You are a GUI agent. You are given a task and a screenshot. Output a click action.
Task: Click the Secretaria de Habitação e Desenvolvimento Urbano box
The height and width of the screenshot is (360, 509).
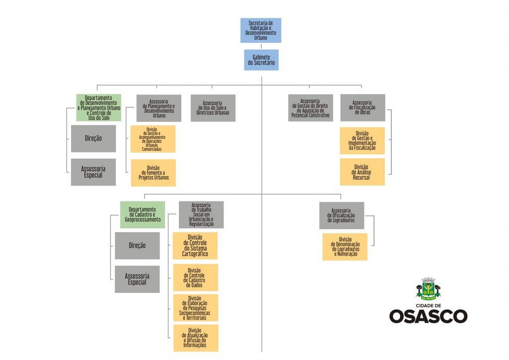[x=261, y=30]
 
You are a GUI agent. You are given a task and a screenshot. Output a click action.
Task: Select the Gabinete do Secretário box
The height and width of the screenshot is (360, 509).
[x=261, y=60]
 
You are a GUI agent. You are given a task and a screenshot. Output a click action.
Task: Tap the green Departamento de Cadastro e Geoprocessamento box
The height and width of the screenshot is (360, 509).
[x=142, y=214]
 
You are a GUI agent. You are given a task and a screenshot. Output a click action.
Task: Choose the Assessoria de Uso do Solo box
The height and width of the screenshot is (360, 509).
[x=213, y=108]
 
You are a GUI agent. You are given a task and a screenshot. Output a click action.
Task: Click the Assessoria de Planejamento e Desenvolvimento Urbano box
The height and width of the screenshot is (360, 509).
[x=159, y=108]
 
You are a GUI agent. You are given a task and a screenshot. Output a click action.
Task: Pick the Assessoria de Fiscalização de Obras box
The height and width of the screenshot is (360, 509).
[x=362, y=107]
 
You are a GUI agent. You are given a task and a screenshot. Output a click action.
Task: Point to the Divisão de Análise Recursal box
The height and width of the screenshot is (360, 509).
[x=362, y=172]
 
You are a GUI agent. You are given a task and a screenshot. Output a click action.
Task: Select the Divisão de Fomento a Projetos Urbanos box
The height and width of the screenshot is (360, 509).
[x=153, y=173]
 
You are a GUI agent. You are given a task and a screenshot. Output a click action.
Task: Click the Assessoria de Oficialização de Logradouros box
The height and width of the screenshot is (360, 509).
[x=341, y=215]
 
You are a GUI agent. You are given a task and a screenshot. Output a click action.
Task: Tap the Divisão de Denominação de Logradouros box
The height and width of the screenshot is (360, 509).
[x=344, y=247]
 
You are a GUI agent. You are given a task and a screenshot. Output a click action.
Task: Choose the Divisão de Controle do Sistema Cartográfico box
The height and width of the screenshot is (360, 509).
[x=195, y=246]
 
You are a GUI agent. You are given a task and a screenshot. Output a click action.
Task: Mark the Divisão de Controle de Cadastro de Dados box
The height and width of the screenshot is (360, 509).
[x=195, y=277]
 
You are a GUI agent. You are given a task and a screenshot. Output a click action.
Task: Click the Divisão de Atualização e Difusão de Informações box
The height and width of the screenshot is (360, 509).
[x=195, y=338]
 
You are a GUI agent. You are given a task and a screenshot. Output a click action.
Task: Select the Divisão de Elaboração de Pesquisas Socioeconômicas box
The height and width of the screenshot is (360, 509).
[x=195, y=308]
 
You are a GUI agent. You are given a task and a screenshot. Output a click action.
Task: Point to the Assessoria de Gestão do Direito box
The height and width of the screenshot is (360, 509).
[x=311, y=108]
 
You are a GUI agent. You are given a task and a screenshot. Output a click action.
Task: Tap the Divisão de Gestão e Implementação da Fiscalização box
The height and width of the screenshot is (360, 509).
[x=362, y=141]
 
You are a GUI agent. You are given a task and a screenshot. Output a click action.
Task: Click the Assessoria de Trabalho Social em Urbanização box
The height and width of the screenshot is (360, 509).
[x=201, y=215]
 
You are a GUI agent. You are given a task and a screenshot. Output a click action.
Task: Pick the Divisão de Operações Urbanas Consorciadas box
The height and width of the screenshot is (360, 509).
[x=153, y=139]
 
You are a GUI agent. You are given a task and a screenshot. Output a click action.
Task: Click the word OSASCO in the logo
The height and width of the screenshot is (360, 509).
[x=428, y=316]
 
